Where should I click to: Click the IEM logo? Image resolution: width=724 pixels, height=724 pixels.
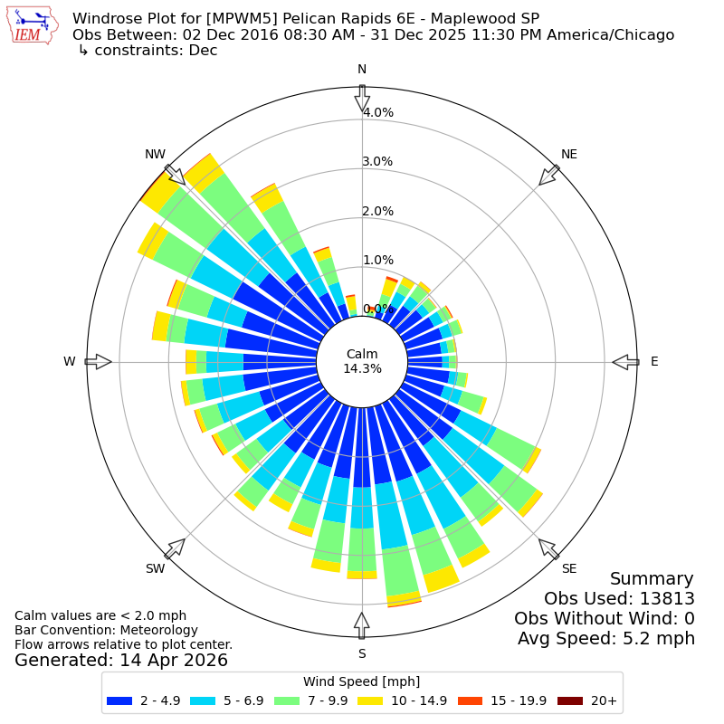pos(33,25)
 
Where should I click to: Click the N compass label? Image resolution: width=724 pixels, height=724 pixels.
pos(362,70)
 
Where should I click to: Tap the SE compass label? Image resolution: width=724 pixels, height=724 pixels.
pos(569,568)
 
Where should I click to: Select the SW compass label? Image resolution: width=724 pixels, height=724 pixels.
pos(155,568)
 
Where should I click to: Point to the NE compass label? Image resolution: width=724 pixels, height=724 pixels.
pos(569,154)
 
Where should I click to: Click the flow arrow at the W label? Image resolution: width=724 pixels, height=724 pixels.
pos(99,361)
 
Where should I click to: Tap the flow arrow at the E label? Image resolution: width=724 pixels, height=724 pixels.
pos(625,362)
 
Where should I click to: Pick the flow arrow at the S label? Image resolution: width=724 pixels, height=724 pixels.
pos(362,625)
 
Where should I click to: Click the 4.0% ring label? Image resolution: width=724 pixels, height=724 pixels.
pos(378,112)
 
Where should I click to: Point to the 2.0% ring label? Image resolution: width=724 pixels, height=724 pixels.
pos(378,211)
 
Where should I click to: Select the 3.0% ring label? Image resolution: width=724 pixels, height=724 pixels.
pos(378,162)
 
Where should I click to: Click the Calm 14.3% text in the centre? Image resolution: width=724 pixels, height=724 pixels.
pos(362,361)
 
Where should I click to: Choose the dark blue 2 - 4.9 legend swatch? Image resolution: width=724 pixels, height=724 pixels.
pos(119,700)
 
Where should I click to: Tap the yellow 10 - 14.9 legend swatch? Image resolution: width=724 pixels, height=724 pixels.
pos(370,700)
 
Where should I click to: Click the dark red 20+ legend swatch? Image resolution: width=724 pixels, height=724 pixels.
pos(570,700)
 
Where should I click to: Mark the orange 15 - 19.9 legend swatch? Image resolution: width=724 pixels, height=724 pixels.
pos(470,700)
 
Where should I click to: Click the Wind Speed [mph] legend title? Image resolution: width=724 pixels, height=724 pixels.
pos(361,681)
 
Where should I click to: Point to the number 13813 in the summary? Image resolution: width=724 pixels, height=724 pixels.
pos(667,598)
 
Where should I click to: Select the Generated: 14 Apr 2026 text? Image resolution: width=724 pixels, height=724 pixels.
pos(121,661)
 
